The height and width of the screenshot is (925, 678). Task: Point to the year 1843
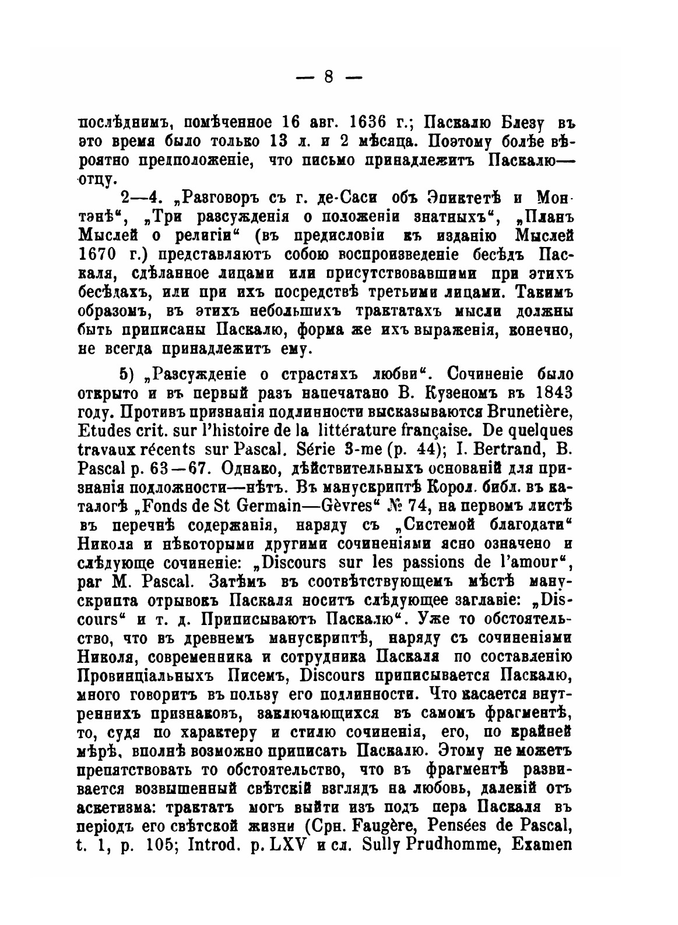click(x=547, y=390)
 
